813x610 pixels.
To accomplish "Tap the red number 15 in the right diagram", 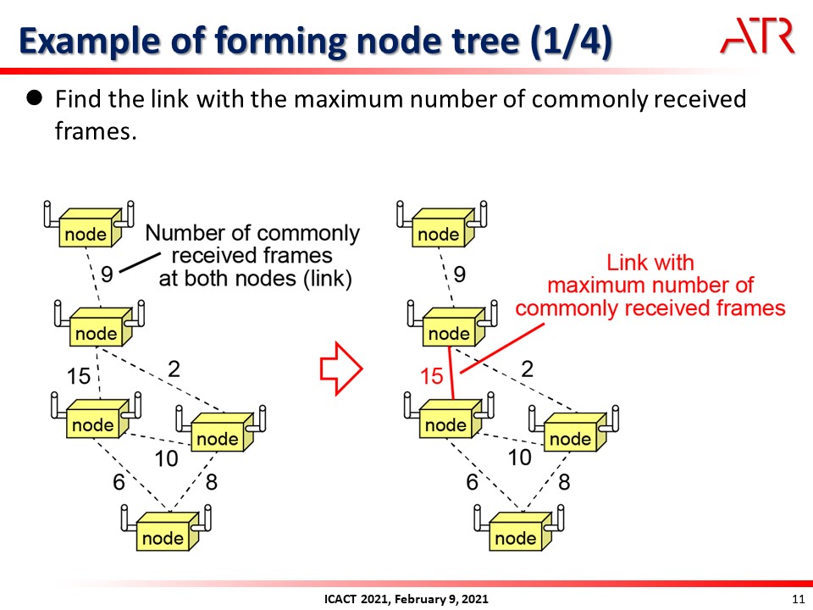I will tap(432, 375).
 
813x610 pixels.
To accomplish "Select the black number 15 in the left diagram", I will tap(79, 375).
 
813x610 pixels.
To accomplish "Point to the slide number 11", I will tap(796, 599).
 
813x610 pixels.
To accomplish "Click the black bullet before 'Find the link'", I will tap(35, 99).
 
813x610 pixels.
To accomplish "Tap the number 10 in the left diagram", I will tap(166, 458).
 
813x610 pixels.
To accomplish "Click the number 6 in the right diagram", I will tap(472, 482).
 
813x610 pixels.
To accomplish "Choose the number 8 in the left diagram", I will tap(211, 482).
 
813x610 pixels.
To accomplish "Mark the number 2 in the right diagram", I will tap(528, 369).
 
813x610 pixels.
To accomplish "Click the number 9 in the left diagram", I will tap(107, 274).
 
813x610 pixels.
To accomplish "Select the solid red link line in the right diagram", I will tap(451, 373).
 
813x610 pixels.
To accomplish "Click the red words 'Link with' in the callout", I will tap(650, 263).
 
